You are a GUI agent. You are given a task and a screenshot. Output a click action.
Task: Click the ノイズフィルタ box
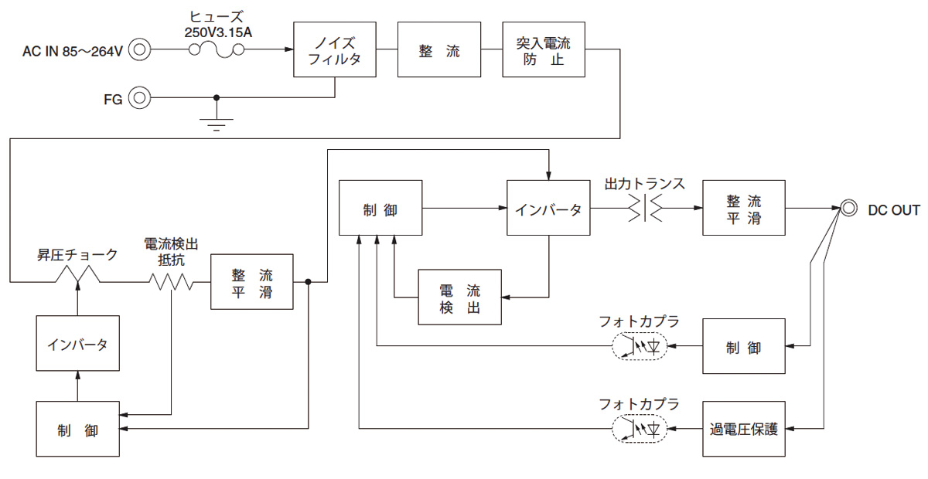click(335, 49)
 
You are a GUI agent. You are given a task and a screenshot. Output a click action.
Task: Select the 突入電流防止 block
click(544, 49)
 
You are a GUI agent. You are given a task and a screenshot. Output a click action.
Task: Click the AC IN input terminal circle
click(139, 50)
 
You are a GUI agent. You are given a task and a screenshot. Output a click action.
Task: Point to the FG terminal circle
click(139, 98)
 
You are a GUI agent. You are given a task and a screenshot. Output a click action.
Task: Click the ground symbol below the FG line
click(217, 124)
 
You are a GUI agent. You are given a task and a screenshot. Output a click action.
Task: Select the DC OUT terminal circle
click(849, 209)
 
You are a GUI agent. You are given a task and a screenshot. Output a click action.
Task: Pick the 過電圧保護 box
click(743, 428)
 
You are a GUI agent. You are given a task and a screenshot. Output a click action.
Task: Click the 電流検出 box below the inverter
click(459, 297)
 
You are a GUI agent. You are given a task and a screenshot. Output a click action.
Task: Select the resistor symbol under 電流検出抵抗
click(171, 283)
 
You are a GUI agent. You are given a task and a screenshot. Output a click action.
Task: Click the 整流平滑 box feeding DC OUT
click(743, 208)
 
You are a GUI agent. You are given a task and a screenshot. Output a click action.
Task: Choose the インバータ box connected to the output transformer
click(548, 208)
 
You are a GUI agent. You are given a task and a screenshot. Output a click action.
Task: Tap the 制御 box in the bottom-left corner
click(77, 429)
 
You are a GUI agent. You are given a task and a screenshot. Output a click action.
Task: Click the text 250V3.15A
click(217, 32)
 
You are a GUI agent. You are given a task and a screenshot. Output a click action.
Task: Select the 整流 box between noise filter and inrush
click(439, 49)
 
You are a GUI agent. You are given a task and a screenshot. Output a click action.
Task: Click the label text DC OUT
click(893, 210)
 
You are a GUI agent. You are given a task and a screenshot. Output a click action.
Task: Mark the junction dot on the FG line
click(217, 98)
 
